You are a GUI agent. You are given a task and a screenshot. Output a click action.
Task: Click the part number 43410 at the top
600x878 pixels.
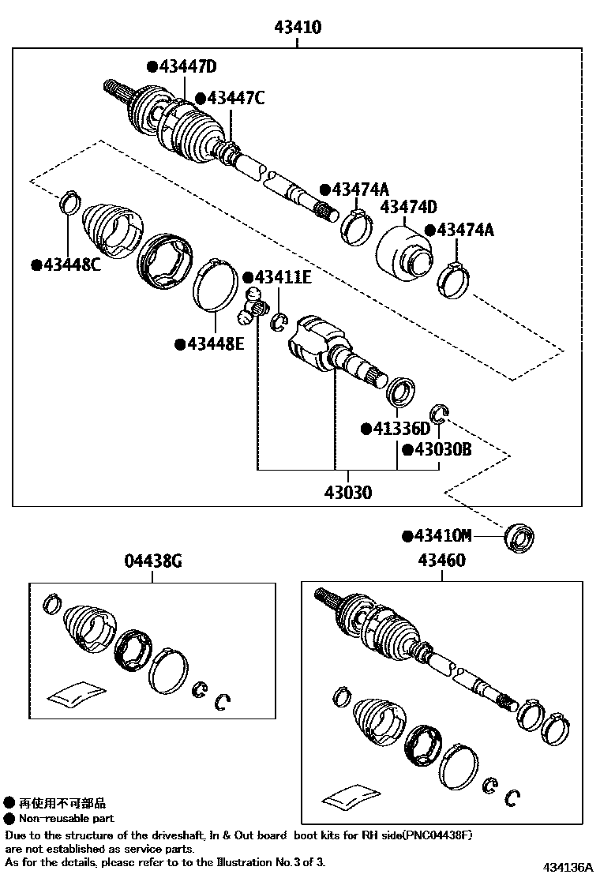click(x=298, y=28)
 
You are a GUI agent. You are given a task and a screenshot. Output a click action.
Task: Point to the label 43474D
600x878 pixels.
click(x=408, y=208)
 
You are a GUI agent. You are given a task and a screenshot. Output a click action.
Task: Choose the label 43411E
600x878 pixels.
click(x=282, y=278)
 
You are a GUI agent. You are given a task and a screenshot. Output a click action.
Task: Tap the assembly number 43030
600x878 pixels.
click(x=347, y=493)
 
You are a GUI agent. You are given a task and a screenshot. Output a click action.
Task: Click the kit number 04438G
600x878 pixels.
click(x=153, y=562)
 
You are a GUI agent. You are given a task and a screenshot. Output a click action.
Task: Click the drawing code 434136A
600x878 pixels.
click(x=567, y=867)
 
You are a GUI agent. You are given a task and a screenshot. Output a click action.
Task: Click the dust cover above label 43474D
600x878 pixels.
click(x=405, y=253)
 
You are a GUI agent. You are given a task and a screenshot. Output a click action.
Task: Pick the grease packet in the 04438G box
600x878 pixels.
click(x=77, y=692)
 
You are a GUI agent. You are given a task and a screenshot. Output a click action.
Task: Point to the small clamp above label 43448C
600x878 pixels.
click(x=69, y=201)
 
